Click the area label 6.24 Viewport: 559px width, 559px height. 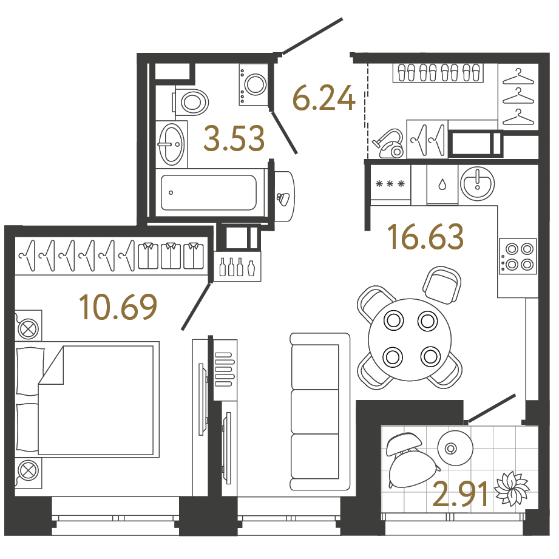coord(324,97)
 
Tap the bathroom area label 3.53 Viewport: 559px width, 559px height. coord(234,138)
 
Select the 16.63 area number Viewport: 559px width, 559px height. coord(427,236)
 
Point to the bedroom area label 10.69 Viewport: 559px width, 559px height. coord(118,307)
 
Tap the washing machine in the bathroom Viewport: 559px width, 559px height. coord(254,84)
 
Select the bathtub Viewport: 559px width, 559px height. coord(209,192)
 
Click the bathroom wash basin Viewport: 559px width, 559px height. coord(172,144)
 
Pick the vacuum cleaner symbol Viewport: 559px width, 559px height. coord(388,143)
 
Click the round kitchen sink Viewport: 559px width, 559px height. coord(477,184)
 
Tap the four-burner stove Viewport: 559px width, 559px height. coord(518,256)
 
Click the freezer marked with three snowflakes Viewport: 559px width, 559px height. coord(391,185)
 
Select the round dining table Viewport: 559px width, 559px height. coord(410,340)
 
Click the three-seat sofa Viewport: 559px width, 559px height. coord(320,412)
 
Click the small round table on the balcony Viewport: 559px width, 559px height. coord(455,448)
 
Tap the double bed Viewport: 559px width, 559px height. coord(87,399)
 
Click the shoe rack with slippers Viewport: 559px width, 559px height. coord(438,73)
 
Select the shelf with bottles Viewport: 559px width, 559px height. coord(237,266)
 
